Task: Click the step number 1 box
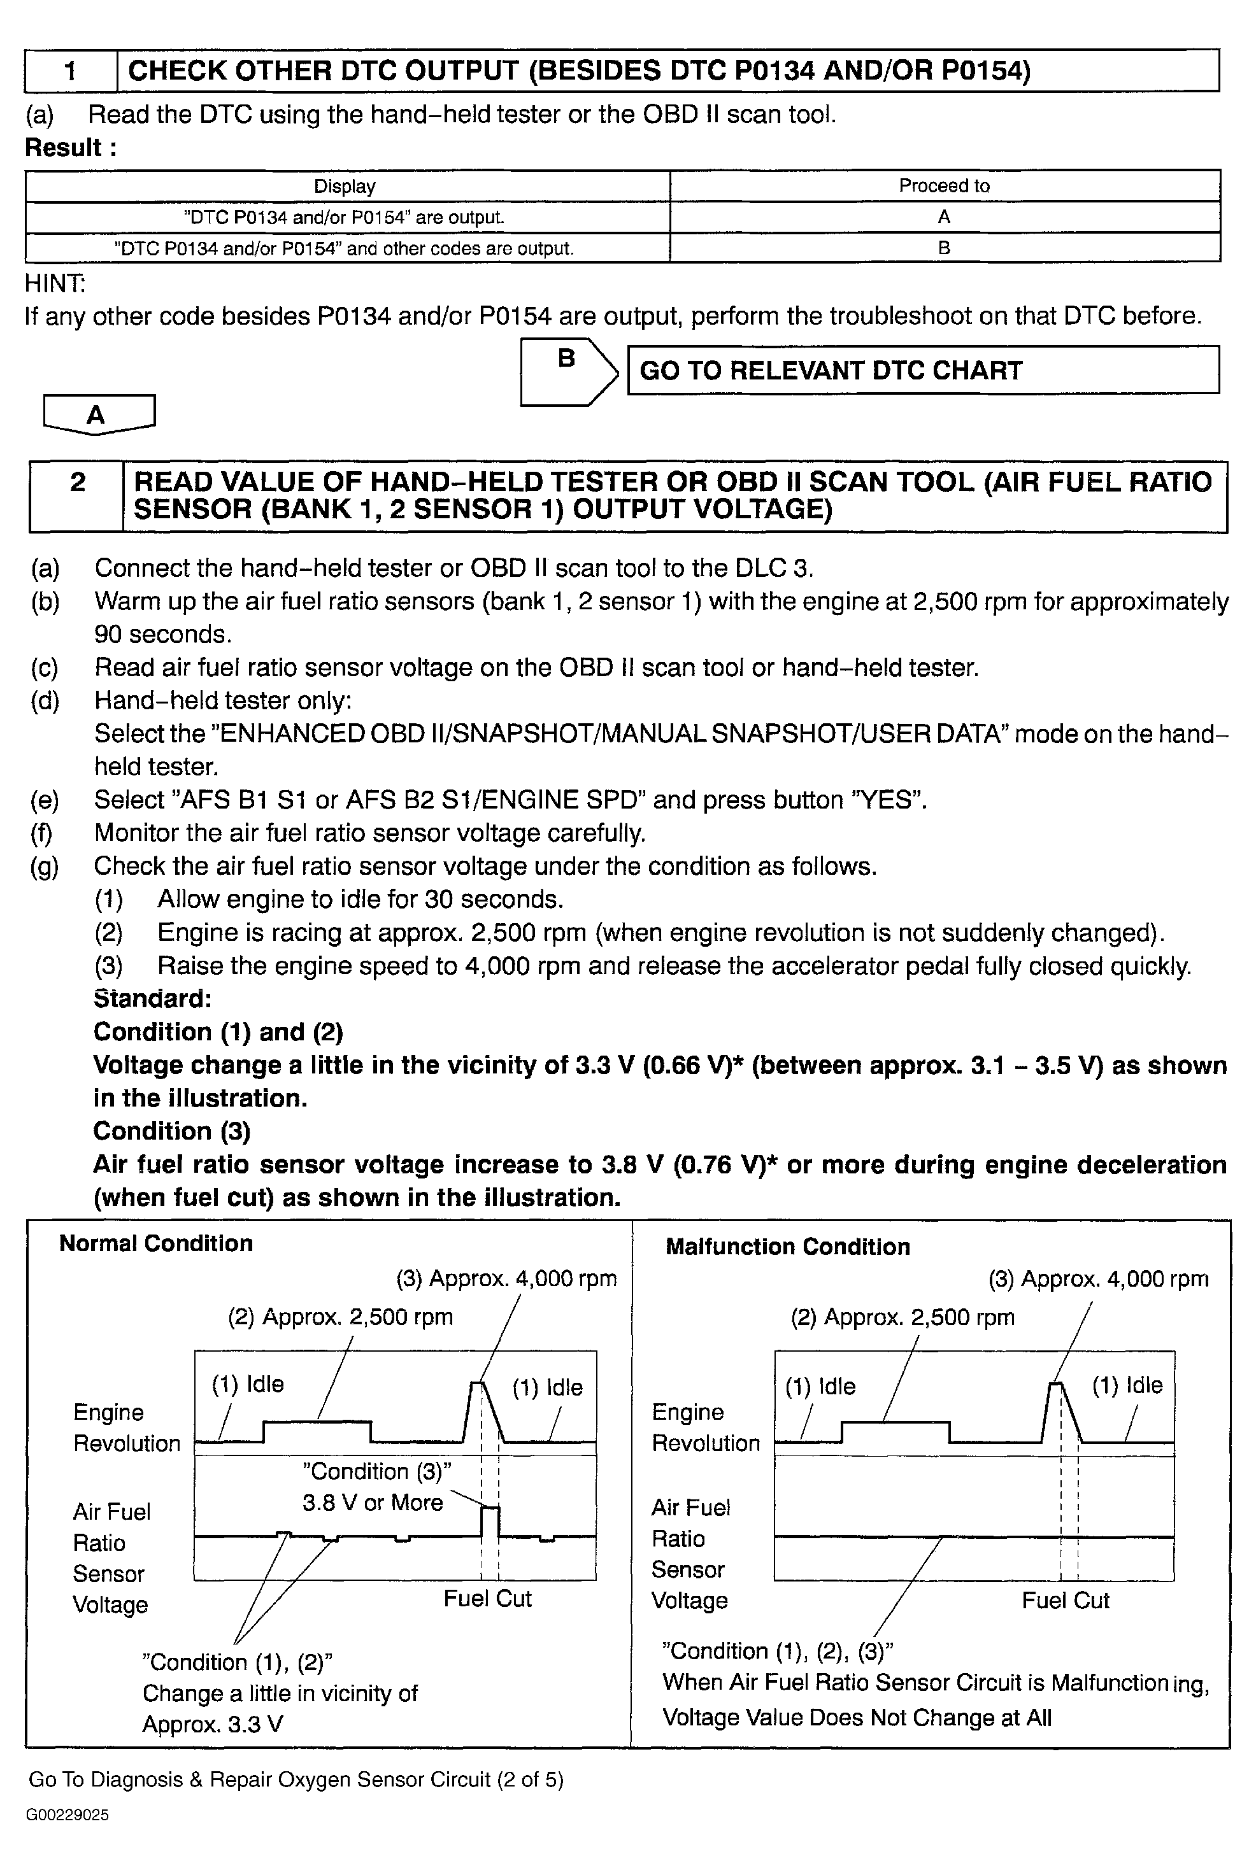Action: point(71,71)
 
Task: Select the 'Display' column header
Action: point(345,186)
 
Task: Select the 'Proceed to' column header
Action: point(945,186)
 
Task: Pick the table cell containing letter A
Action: point(945,217)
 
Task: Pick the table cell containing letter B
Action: point(945,248)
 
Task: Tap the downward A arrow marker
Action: point(97,414)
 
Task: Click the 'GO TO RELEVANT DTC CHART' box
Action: point(922,371)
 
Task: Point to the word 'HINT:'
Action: point(55,283)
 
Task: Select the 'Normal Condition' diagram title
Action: point(156,1243)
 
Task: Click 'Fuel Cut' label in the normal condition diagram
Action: point(487,1598)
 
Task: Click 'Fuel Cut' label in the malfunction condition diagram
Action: point(1066,1600)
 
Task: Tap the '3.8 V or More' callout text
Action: point(373,1502)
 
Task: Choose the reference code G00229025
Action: point(68,1815)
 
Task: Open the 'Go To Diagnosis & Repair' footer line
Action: point(296,1779)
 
